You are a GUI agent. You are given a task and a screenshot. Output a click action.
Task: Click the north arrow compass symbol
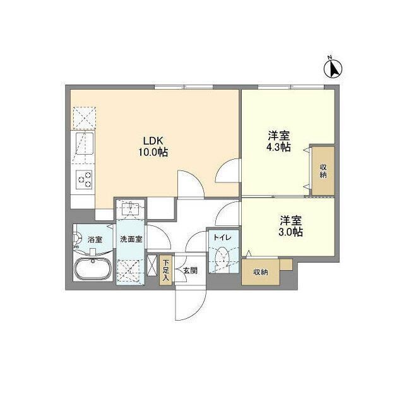333,66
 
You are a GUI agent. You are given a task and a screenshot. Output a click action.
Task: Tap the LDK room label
153,141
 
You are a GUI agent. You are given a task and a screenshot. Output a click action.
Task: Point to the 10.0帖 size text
153,152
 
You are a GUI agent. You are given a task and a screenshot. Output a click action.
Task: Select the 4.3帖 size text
278,147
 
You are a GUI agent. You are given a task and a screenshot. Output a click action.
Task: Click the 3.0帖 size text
290,232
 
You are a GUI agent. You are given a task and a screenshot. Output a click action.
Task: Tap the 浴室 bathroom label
95,239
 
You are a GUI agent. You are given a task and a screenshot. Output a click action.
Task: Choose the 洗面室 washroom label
131,239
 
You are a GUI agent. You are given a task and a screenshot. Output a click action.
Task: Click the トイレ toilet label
222,238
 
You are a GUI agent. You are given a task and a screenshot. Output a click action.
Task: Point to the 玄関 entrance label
190,270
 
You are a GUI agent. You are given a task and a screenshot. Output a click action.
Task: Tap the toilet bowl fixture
222,258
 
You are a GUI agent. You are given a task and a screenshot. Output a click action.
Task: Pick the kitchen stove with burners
85,180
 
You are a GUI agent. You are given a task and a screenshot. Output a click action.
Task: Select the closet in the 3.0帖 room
260,272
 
